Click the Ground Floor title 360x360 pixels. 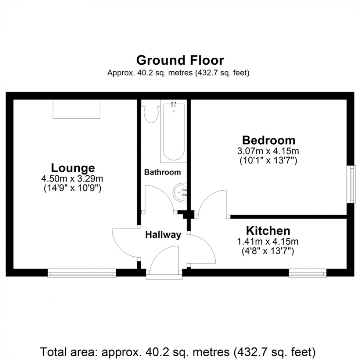point(180,60)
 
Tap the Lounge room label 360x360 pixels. point(73,168)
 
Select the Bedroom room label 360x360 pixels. point(269,140)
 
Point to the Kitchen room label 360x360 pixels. point(268,231)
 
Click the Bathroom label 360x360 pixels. point(162,172)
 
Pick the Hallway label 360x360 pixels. point(163,235)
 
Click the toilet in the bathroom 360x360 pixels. point(150,112)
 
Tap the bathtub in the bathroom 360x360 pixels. point(174,132)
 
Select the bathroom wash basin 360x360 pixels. point(180,192)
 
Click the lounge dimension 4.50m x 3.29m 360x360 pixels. point(72,179)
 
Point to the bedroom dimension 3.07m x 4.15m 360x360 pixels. point(268,151)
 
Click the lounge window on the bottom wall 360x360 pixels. point(82,273)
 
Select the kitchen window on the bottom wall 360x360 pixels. point(307,273)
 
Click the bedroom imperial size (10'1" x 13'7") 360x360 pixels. point(268,160)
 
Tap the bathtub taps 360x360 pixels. point(174,104)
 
